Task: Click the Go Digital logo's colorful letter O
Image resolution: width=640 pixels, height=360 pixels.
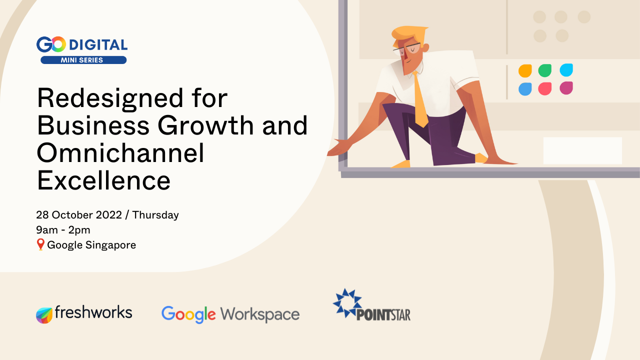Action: (58, 44)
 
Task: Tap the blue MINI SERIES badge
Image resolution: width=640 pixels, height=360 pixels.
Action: (83, 60)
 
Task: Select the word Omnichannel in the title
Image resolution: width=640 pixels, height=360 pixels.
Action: (120, 153)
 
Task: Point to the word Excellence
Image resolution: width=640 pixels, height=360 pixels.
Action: (103, 180)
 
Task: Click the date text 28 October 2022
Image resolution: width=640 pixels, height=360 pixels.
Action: (79, 215)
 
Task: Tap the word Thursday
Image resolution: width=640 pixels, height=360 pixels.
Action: (155, 215)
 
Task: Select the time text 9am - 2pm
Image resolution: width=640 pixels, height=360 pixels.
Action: (63, 230)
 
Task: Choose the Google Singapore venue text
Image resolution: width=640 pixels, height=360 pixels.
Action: (91, 245)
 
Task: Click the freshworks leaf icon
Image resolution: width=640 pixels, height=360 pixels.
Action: (44, 315)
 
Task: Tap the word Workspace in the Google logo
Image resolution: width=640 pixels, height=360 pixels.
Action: (259, 314)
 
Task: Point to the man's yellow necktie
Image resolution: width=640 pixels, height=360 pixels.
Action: (420, 100)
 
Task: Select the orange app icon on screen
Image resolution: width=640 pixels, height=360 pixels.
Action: (525, 71)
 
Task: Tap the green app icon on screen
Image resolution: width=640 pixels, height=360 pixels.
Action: (545, 70)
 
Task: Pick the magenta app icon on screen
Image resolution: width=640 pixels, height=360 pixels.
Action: (566, 88)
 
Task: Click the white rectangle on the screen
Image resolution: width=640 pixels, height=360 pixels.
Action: (582, 150)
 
